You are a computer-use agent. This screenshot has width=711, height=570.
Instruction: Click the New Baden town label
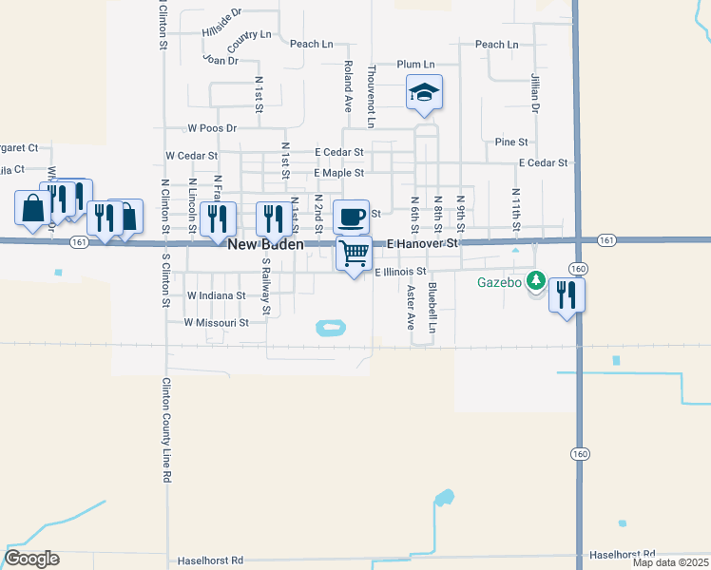[266, 244]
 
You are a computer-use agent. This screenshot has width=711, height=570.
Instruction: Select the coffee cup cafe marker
[351, 217]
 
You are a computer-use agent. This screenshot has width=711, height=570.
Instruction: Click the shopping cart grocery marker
[354, 254]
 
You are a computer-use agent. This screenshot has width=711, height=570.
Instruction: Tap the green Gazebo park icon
[536, 281]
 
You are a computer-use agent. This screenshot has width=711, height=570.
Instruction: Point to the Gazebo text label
[500, 282]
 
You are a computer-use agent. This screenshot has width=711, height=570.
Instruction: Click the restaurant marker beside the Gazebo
[567, 294]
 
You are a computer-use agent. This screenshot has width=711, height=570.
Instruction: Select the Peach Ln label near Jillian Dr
[496, 45]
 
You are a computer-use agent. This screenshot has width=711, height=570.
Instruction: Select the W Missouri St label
[217, 323]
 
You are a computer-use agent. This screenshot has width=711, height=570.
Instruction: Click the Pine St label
[511, 142]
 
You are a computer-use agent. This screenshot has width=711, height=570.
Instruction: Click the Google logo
[32, 559]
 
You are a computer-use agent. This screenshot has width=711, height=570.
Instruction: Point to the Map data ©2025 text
[669, 562]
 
